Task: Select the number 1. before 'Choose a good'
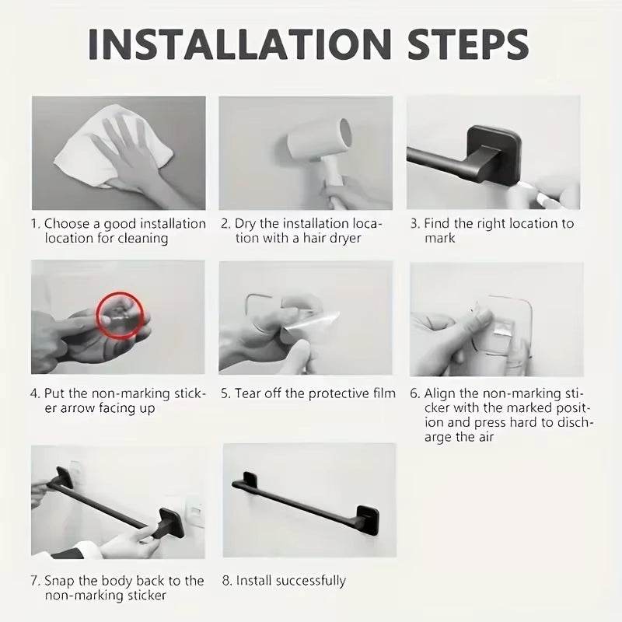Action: point(35,224)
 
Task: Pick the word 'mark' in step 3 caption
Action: point(439,239)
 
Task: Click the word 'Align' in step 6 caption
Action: point(440,394)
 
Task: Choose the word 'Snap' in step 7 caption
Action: point(60,581)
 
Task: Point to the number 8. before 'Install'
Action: point(227,581)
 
